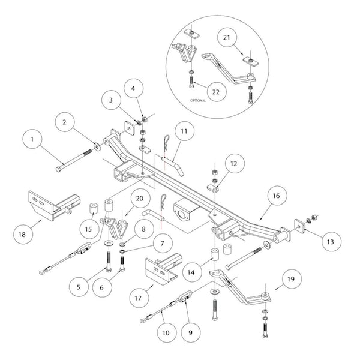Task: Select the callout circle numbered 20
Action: click(x=138, y=200)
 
